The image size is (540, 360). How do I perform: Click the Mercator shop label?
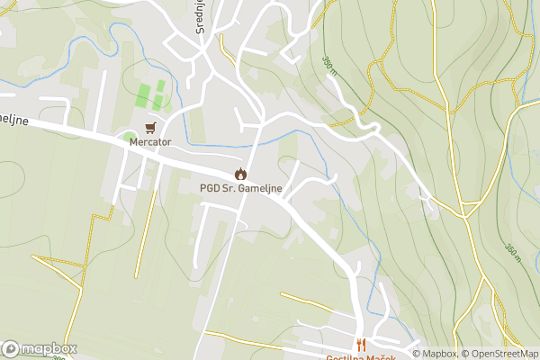151,142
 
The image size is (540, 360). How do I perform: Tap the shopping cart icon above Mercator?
150,128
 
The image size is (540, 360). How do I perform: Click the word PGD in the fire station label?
210,188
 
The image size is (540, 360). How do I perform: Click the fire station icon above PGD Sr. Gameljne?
240,174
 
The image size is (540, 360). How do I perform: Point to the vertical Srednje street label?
202,15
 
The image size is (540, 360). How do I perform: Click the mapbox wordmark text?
49,349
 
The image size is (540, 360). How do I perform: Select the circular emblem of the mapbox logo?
12,349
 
